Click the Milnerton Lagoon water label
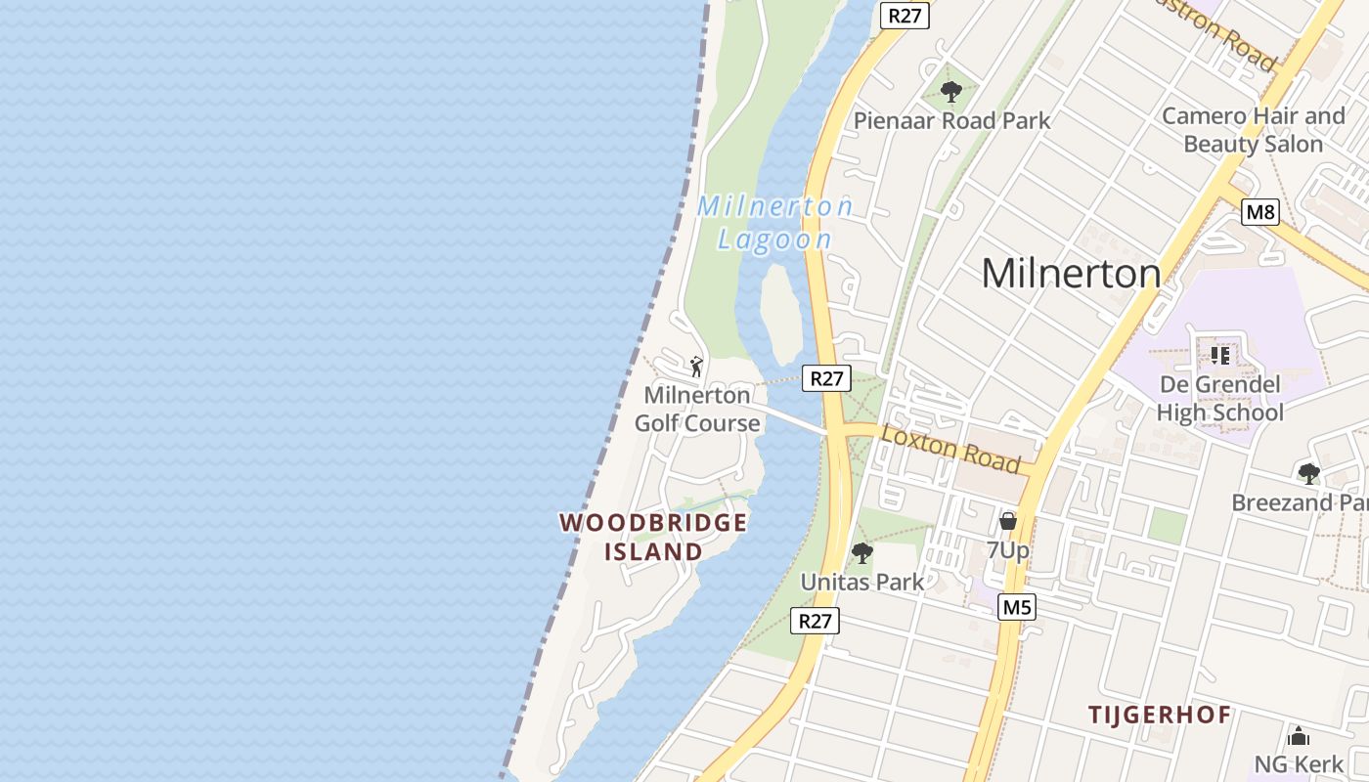click(774, 223)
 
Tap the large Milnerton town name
click(1071, 273)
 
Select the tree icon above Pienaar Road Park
click(950, 93)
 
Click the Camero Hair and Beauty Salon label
click(1254, 130)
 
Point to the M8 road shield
click(1260, 212)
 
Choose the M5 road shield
click(1017, 608)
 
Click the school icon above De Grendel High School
click(1219, 355)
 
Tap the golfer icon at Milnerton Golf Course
click(696, 367)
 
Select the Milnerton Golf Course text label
click(697, 410)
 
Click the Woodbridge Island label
click(653, 537)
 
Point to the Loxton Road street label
click(950, 450)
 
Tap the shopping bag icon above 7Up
click(1008, 522)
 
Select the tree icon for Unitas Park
click(861, 553)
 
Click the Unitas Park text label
click(861, 582)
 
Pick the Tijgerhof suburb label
click(1160, 715)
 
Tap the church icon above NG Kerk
click(1299, 736)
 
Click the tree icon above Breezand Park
click(1308, 474)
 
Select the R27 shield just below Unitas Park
click(815, 621)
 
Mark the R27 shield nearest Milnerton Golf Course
click(826, 378)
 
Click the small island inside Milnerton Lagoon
click(781, 313)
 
